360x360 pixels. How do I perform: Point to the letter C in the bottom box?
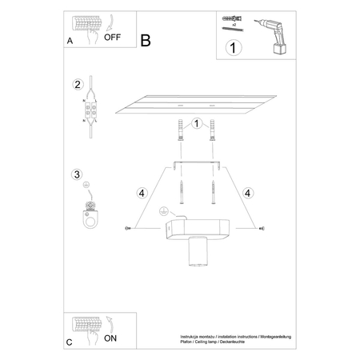pos(70,342)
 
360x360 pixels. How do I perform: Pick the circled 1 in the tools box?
pos(233,47)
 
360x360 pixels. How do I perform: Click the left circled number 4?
pos(142,193)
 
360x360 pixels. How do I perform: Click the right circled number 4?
pos(248,193)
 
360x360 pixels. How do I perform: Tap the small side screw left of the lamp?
pos(128,230)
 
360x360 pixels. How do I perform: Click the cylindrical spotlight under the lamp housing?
pos(198,255)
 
